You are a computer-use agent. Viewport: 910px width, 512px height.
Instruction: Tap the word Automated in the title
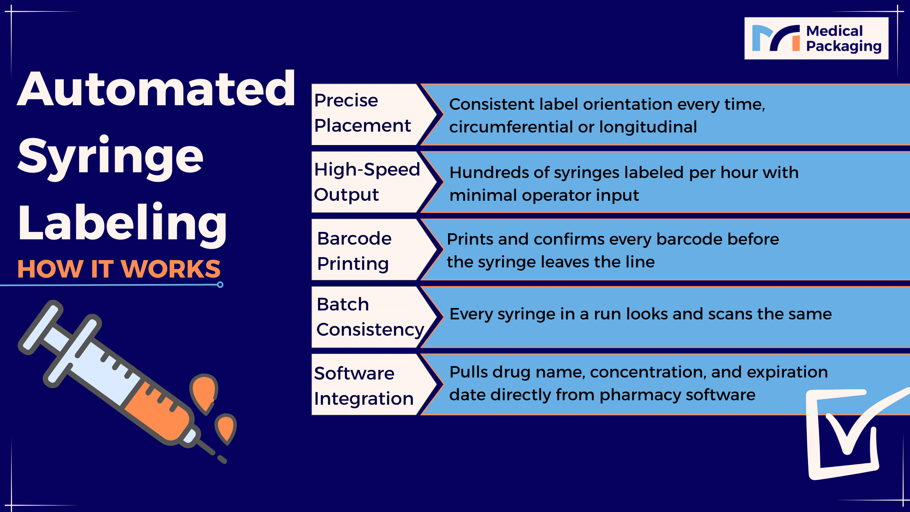pos(156,89)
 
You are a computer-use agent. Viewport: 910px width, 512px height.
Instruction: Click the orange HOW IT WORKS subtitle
pos(119,269)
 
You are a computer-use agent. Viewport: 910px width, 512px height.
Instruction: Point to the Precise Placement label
pos(362,113)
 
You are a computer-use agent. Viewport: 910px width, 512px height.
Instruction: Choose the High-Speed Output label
pos(367,182)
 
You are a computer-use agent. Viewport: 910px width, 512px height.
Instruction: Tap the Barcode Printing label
pos(354,251)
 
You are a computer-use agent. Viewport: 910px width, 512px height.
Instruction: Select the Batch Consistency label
pos(370,317)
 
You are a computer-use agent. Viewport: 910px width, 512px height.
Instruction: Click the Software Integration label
pos(364,386)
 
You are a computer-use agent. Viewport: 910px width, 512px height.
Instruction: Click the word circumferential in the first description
pos(511,127)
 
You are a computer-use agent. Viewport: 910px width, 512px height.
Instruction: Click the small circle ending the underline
pos(220,285)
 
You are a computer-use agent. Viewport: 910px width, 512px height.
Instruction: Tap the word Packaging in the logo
pos(844,47)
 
